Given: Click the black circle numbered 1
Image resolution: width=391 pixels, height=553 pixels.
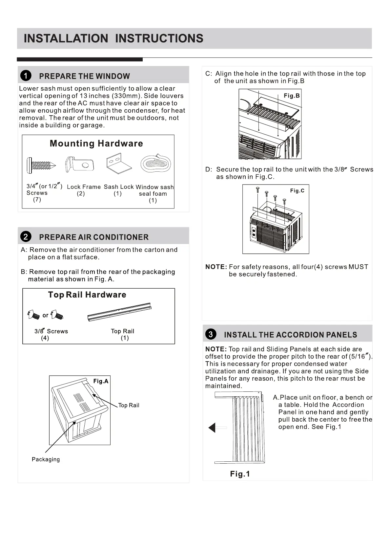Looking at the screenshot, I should coord(26,76).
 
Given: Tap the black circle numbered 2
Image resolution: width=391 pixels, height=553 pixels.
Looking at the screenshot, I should coord(26,237).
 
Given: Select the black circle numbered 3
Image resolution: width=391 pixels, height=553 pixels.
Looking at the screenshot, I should coord(211,334).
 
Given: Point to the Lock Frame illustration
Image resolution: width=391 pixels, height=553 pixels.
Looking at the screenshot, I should coord(80,164).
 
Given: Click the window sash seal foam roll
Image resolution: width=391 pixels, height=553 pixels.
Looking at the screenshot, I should coord(156,163).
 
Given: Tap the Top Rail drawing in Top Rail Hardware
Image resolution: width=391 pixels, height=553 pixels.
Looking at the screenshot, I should coord(119,312).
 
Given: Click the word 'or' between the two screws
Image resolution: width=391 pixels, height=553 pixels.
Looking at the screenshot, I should coord(45,315).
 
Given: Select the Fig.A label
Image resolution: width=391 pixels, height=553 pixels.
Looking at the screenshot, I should coord(101,381).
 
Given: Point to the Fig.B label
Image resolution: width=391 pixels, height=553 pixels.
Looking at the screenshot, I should coord(292,96).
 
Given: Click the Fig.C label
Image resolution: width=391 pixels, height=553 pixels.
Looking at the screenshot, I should coord(297,190).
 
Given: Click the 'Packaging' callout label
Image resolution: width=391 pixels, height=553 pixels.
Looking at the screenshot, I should coord(46,459).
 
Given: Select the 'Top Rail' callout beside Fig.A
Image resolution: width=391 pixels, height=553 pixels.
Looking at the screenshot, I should coord(129,405).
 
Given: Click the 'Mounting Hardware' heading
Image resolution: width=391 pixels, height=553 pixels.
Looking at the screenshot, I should coord(96,144).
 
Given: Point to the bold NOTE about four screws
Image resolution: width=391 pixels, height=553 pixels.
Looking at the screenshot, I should coord(216,267).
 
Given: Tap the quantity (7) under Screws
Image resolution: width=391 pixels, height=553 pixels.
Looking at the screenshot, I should coord(37,199).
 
